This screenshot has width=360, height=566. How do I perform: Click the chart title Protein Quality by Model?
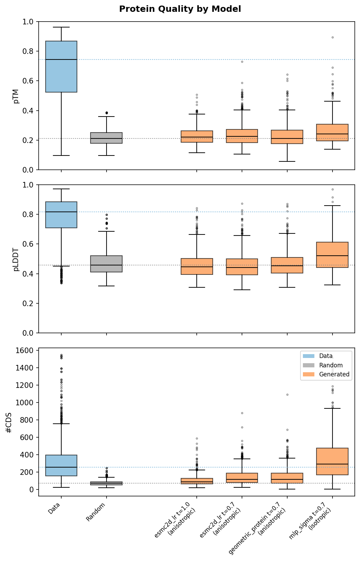180,9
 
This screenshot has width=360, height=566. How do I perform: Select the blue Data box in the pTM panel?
61,66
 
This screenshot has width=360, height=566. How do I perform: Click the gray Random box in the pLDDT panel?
106,264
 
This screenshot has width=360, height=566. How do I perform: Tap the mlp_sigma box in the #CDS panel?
332,461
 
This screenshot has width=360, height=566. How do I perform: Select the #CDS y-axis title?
9,422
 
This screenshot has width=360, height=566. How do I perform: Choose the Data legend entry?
326,356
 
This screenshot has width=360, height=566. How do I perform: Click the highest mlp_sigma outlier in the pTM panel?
332,37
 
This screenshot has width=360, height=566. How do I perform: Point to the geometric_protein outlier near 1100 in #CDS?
287,394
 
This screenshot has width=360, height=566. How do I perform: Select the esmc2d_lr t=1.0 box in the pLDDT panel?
197,266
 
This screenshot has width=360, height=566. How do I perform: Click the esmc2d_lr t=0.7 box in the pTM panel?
242,136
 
